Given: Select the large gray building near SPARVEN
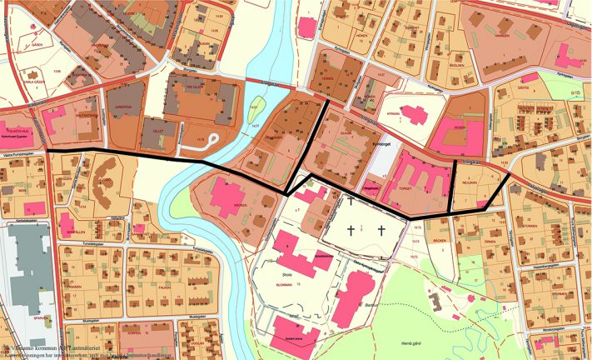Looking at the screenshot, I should (x=29, y=267).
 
